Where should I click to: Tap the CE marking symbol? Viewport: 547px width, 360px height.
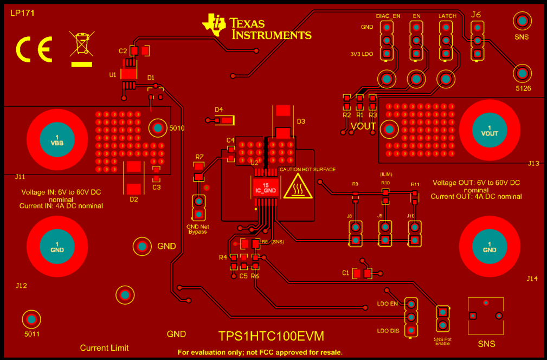[34, 49]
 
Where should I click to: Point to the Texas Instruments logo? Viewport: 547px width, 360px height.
[256, 27]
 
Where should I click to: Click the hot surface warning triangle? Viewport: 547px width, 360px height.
[298, 188]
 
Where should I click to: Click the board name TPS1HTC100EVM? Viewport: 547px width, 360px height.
[271, 336]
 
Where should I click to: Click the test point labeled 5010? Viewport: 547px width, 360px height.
[157, 128]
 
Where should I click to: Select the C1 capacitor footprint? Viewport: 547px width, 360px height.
[362, 273]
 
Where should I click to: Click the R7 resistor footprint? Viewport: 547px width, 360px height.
[199, 172]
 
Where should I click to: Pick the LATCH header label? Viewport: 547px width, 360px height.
[447, 16]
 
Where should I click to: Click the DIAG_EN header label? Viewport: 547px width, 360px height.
[388, 16]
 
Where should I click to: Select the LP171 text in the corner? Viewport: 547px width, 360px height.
[22, 13]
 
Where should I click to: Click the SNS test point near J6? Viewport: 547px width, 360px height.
[522, 22]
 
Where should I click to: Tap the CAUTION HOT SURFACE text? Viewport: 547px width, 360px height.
[307, 170]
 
